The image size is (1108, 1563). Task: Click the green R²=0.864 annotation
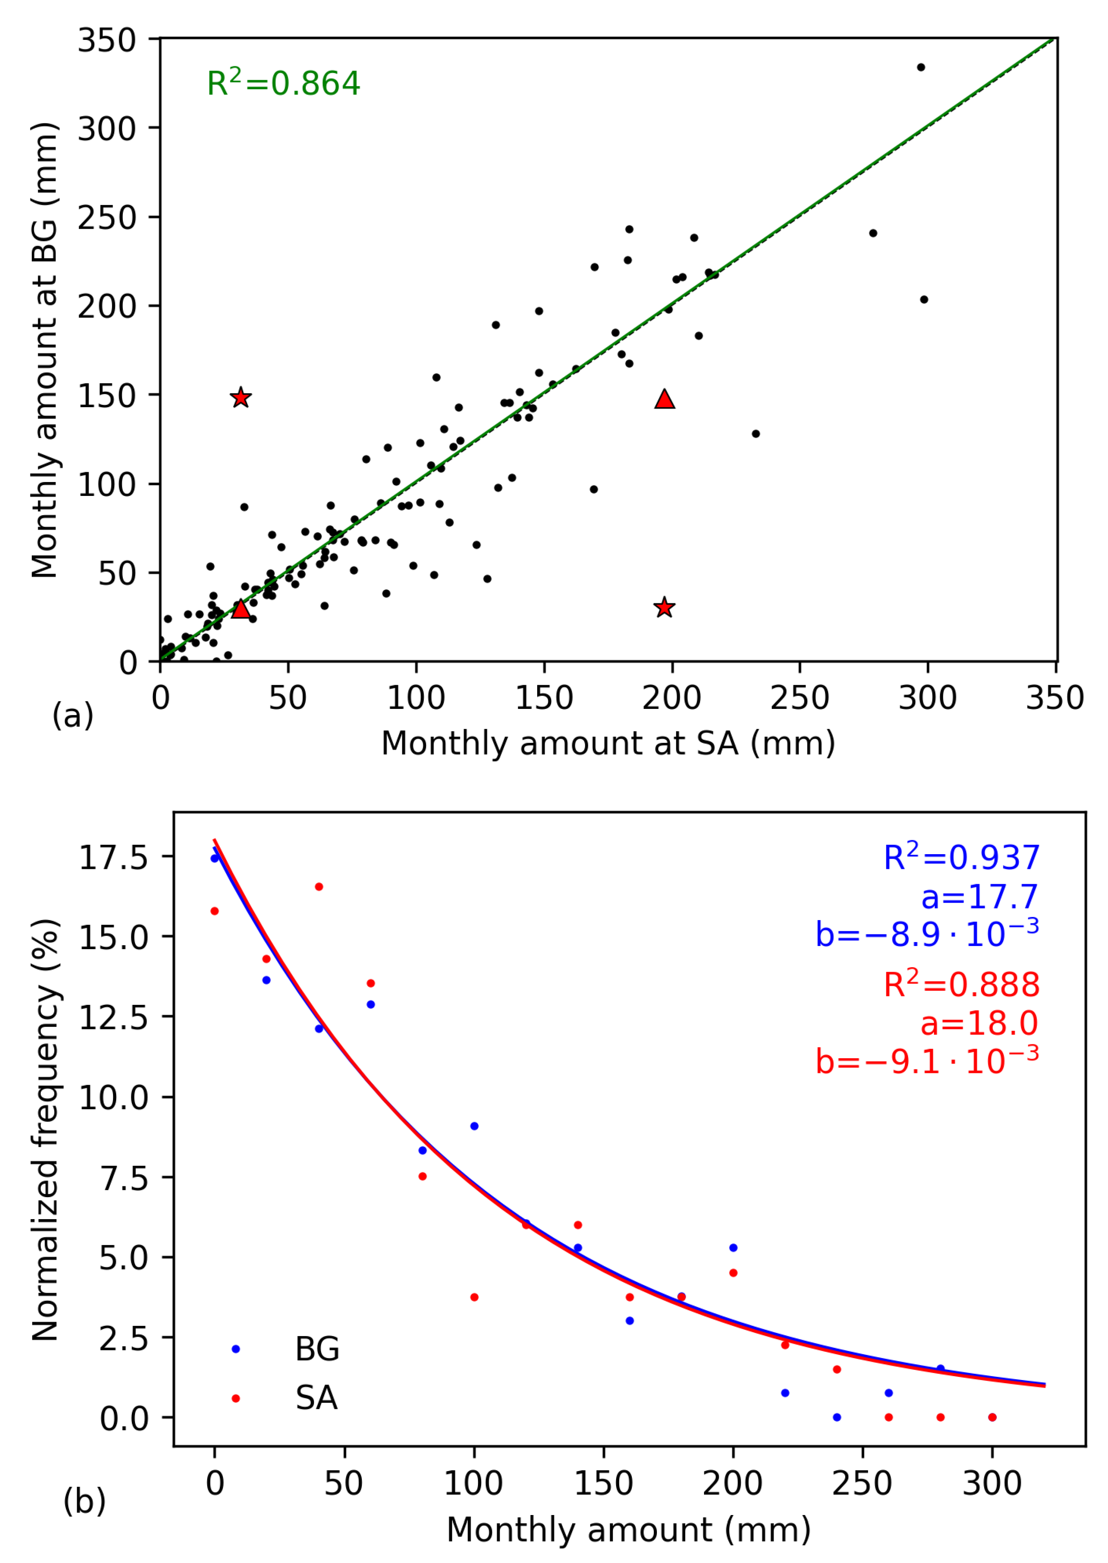(282, 83)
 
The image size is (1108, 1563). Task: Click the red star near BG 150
(240, 398)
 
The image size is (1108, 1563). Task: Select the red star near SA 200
(664, 607)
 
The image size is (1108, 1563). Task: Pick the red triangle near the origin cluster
(240, 608)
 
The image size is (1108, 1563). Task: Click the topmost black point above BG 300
(921, 67)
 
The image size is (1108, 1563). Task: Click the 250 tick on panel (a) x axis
(799, 697)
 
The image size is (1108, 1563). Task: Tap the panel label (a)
(72, 716)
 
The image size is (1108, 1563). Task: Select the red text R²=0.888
(960, 985)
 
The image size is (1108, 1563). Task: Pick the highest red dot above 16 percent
(319, 886)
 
